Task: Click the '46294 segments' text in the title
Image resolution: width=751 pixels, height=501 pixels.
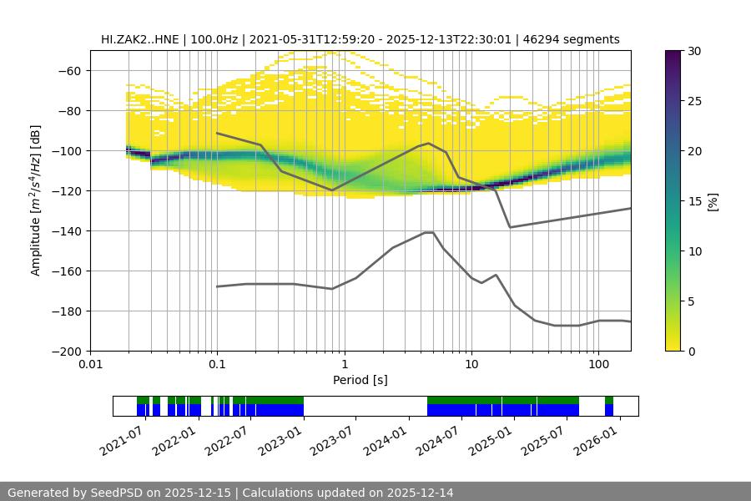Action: (x=577, y=39)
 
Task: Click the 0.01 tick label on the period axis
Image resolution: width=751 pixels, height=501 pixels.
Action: (x=90, y=365)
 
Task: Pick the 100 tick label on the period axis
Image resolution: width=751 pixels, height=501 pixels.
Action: (x=597, y=365)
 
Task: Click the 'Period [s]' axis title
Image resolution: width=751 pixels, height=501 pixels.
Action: (x=360, y=381)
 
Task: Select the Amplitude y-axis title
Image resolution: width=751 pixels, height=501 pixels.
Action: (x=36, y=200)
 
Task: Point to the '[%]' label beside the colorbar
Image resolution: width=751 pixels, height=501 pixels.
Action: (x=712, y=201)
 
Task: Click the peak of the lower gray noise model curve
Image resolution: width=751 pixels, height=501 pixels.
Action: (x=429, y=233)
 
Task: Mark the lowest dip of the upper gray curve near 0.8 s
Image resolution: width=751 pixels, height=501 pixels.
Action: (x=331, y=190)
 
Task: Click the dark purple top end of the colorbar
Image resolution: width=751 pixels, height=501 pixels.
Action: (x=673, y=53)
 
